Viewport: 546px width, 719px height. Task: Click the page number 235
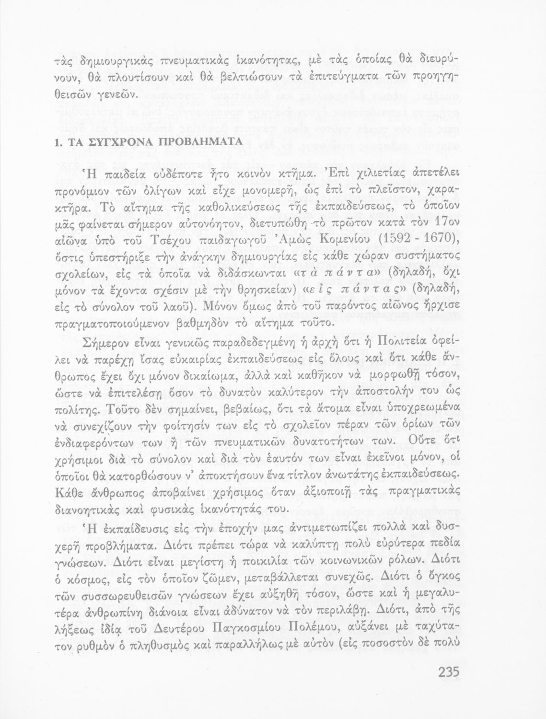click(x=448, y=672)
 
